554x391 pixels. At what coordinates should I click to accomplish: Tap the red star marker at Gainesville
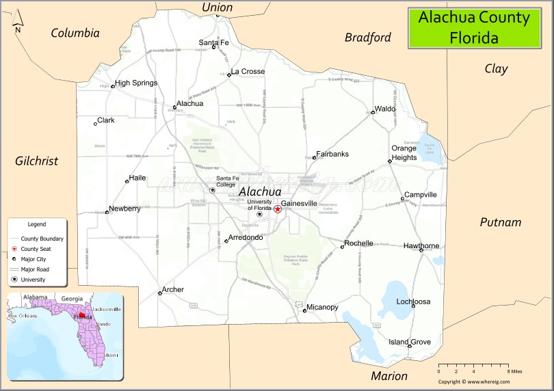point(278,209)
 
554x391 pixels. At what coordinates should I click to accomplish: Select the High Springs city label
point(135,83)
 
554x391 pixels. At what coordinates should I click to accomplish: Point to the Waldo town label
point(385,109)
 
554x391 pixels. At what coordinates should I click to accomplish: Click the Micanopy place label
point(322,308)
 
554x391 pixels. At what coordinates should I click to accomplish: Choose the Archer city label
point(173,290)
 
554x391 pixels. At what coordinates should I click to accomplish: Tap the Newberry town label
point(124,208)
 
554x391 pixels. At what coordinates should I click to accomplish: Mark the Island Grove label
point(410,342)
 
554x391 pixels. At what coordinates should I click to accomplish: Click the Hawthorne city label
point(421,245)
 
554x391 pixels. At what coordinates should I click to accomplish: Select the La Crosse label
point(248,72)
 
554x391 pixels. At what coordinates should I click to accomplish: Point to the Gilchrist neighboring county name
point(36,161)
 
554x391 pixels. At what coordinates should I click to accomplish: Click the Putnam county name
point(500,222)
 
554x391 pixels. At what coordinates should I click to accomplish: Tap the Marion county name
point(389,376)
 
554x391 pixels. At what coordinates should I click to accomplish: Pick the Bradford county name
point(367,38)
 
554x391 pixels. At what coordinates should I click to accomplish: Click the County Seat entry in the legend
point(36,249)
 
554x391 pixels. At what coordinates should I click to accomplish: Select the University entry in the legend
point(33,280)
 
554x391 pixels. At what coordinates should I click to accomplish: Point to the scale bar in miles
point(479,366)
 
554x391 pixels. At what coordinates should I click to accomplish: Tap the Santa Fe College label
point(226,181)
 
